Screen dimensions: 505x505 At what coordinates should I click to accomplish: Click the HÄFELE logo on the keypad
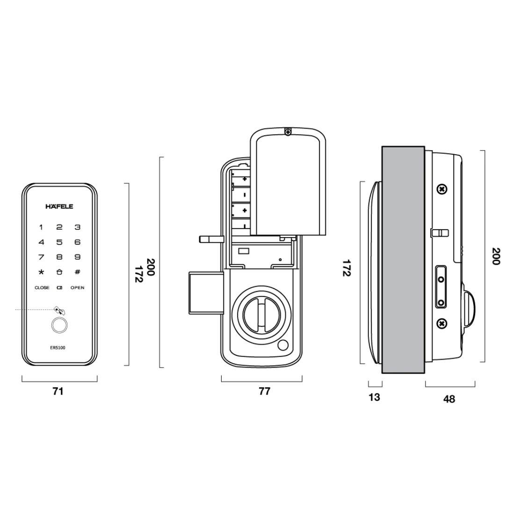(59, 206)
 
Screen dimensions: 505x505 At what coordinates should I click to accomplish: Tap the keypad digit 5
(59, 242)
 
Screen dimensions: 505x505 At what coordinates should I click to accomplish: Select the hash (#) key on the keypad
(78, 272)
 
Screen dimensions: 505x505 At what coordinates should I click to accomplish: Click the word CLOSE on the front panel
(42, 288)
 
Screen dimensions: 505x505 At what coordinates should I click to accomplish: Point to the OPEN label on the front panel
(78, 288)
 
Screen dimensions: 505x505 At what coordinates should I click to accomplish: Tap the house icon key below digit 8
(59, 272)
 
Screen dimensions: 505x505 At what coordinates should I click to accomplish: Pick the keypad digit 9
(78, 257)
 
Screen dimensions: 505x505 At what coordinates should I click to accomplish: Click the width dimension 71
(58, 391)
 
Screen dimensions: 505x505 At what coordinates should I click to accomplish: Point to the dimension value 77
(265, 391)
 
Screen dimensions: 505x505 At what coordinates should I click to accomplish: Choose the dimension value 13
(375, 397)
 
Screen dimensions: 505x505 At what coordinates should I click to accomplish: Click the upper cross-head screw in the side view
(441, 189)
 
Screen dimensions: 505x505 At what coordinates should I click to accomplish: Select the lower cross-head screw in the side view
(441, 323)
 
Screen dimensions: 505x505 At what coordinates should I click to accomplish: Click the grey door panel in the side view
(404, 260)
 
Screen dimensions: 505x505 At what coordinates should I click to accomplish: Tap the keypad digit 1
(41, 228)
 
